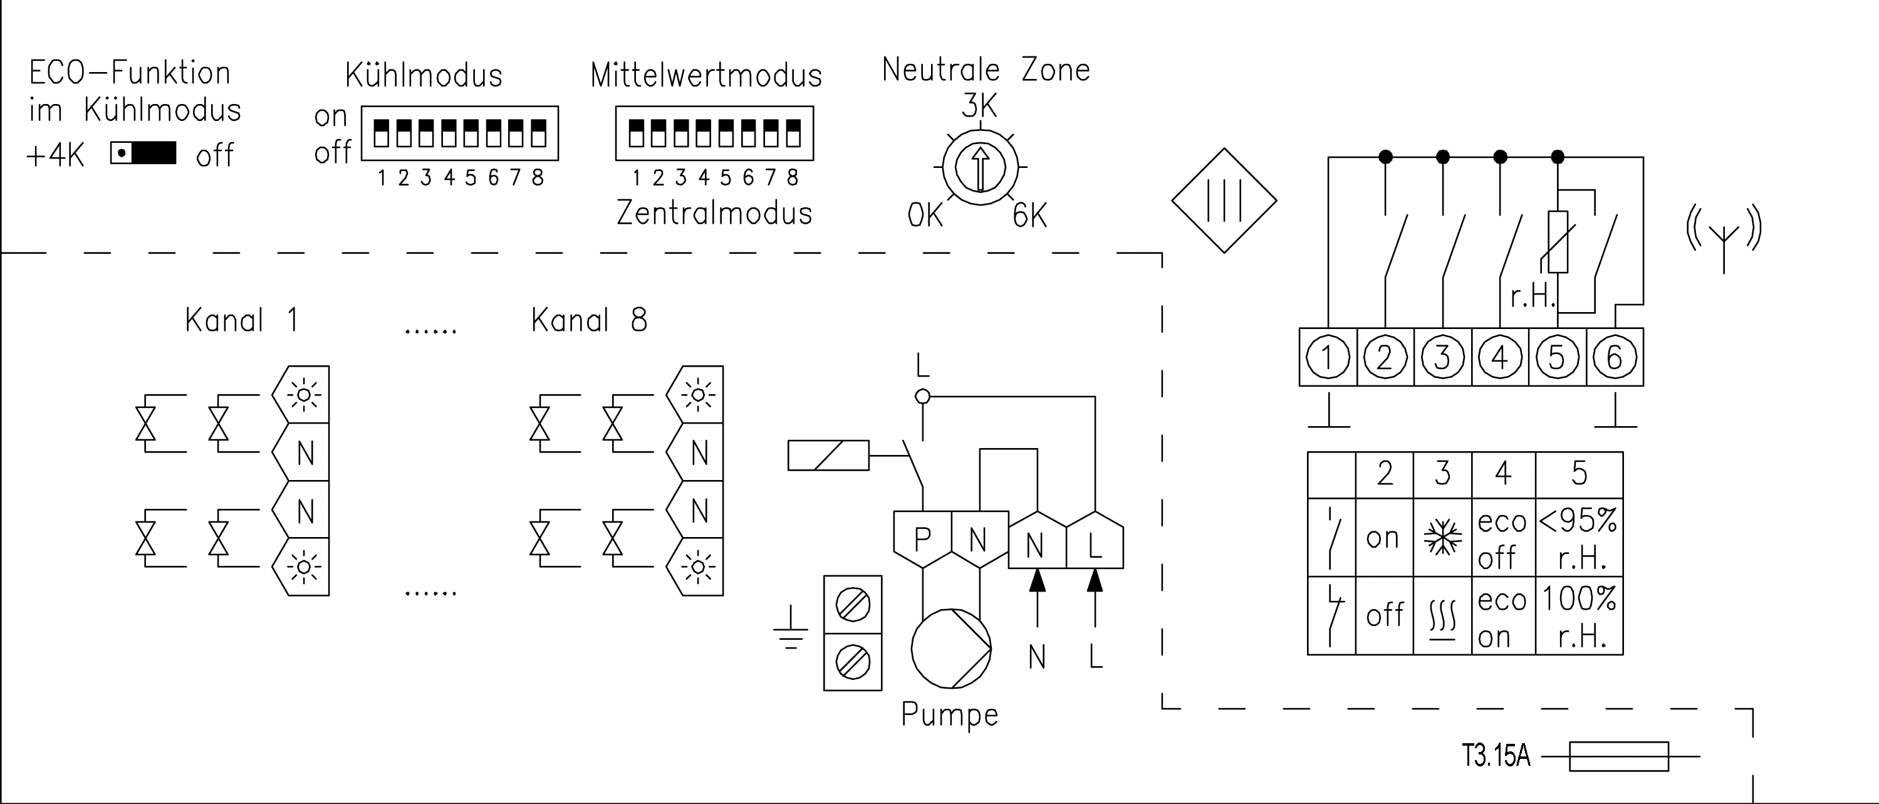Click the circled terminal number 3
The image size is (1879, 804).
(1442, 357)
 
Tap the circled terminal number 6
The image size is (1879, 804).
(1614, 357)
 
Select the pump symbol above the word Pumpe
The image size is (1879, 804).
(951, 649)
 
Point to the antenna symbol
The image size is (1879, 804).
(1724, 237)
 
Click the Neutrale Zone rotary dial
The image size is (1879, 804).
(981, 168)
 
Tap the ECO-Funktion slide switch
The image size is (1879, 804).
(143, 153)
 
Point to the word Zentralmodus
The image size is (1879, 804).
(714, 213)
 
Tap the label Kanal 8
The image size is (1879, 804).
(590, 320)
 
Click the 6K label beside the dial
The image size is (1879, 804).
(1030, 216)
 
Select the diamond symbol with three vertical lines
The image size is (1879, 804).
(1224, 201)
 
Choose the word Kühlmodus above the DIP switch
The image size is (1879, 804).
(424, 75)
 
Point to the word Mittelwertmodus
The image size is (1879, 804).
(706, 75)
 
